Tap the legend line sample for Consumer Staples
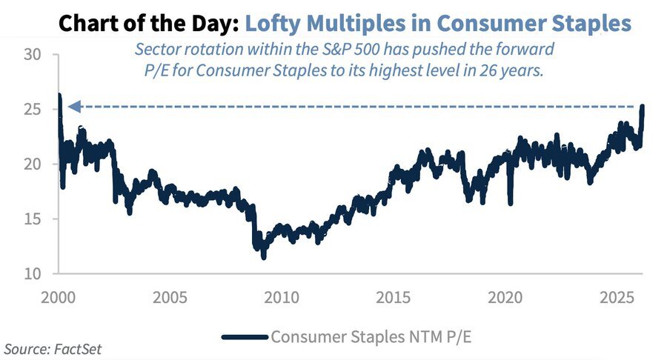[244, 336]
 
